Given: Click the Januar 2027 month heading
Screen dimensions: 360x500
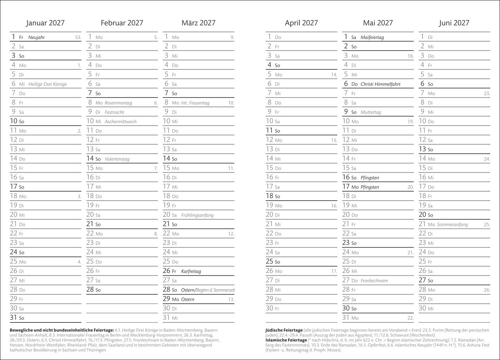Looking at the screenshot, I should click(x=45, y=23).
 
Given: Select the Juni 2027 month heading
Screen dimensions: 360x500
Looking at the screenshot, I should click(x=454, y=23).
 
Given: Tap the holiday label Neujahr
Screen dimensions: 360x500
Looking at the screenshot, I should click(x=36, y=38).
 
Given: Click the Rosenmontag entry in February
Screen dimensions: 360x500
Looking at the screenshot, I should click(x=118, y=103).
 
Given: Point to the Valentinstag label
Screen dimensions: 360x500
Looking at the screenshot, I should click(x=117, y=159).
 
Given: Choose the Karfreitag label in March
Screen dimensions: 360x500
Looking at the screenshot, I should click(x=191, y=272).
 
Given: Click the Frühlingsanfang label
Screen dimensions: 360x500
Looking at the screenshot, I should click(x=197, y=215).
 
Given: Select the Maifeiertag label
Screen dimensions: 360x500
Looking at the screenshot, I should click(x=372, y=38).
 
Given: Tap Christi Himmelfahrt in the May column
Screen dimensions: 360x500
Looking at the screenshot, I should click(x=380, y=84).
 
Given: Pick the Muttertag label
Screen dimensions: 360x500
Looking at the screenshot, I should click(x=371, y=113).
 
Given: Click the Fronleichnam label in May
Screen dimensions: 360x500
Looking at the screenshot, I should click(x=374, y=281).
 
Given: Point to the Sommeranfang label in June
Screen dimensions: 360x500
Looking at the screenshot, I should click(x=452, y=225).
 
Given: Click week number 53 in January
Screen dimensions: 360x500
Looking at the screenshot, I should click(x=78, y=38).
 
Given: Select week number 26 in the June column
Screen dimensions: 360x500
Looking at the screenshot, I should click(x=487, y=290).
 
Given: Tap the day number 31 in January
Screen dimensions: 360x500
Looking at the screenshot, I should click(x=14, y=318).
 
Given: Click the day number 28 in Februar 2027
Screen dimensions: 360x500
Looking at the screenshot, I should click(x=90, y=289).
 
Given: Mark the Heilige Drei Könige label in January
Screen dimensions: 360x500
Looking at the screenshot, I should click(x=47, y=84).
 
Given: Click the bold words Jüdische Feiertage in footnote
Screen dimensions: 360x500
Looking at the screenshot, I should click(x=284, y=330).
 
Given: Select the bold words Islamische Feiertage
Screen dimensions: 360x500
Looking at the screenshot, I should click(x=286, y=340).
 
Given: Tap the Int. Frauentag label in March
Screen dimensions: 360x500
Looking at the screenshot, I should click(x=195, y=103).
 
